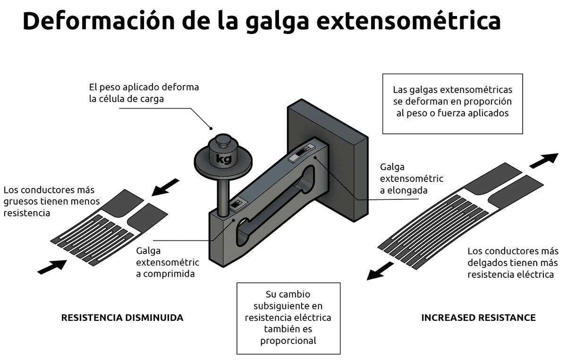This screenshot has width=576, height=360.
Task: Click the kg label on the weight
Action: click(x=223, y=159)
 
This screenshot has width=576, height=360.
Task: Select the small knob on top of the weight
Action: click(x=222, y=141)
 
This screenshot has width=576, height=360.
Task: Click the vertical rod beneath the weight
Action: click(x=222, y=194)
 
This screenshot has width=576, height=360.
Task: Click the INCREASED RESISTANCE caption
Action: click(x=478, y=318)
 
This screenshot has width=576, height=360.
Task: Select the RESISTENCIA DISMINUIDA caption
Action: click(x=122, y=318)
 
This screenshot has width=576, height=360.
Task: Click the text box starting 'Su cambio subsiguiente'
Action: click(x=288, y=318)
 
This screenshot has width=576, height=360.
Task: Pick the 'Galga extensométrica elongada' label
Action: click(x=411, y=179)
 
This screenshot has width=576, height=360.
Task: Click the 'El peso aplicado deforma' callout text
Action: click(x=144, y=93)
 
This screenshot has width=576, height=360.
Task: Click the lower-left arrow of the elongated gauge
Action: click(x=381, y=271)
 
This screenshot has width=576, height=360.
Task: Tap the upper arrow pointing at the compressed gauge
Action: click(x=166, y=187)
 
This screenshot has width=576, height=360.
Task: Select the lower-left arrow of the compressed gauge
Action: click(x=52, y=266)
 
